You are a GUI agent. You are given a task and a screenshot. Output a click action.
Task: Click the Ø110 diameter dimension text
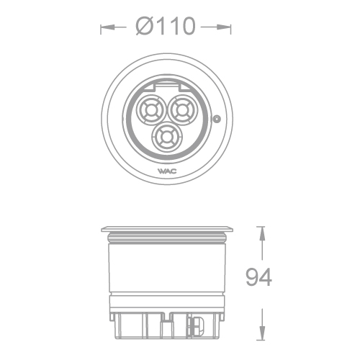coord(166,27)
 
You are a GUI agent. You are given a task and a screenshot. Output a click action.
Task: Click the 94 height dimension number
coord(258,277)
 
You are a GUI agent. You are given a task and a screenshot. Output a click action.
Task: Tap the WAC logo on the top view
coord(166,171)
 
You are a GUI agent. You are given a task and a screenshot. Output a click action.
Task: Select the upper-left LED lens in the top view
coord(152,112)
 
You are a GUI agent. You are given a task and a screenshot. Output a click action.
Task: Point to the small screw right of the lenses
coord(217,119)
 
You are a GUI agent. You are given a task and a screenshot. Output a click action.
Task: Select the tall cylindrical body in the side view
coord(166,270)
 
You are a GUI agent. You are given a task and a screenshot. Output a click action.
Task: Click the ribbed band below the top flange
coord(166,238)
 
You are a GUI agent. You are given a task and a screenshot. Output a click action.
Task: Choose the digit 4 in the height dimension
coord(266,277)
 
